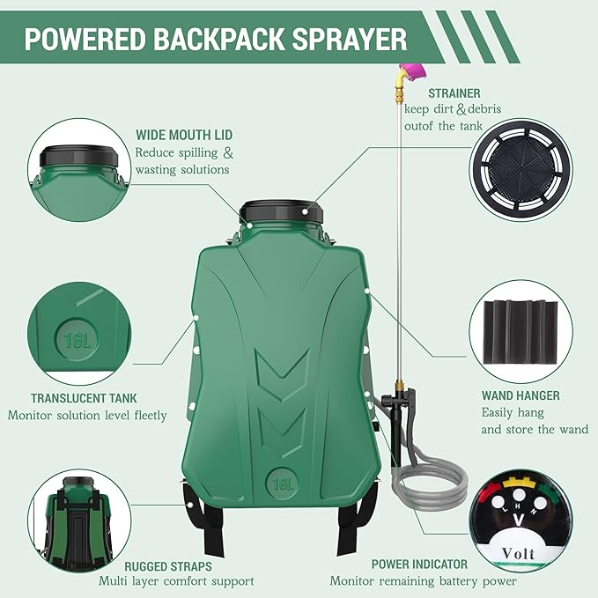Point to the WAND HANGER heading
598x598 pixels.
coord(520,395)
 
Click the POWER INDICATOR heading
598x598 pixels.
coord(418,564)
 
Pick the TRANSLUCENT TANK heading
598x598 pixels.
coord(84,398)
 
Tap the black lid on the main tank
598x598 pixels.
coord(279,212)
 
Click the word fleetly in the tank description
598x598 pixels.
coord(144,416)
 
